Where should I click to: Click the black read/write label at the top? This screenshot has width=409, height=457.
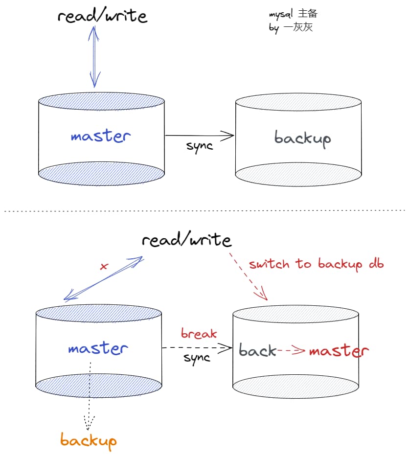[102, 16]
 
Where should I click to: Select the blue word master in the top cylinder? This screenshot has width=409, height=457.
[101, 136]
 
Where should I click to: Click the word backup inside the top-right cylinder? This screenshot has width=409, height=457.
[302, 138]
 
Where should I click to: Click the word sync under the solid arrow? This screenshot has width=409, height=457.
[200, 146]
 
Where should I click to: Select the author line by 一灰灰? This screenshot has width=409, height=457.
[291, 27]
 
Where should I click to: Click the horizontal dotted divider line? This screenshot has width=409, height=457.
[204, 211]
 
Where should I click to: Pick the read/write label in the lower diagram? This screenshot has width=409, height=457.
[186, 240]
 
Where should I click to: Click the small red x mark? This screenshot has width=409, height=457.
[103, 267]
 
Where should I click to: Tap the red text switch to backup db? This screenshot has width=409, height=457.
[316, 264]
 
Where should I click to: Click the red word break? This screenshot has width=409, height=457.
[199, 334]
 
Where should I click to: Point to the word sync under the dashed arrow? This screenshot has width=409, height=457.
[197, 358]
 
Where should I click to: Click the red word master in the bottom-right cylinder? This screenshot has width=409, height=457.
[339, 351]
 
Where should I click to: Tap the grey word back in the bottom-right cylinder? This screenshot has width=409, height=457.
[257, 350]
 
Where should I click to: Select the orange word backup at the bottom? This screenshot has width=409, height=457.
[89, 440]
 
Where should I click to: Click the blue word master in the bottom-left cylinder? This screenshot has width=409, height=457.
[98, 349]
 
